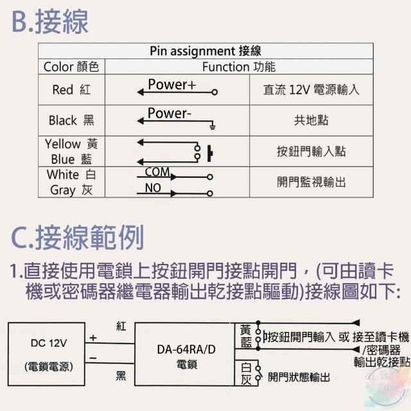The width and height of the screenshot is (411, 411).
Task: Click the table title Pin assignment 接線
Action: click(x=205, y=51)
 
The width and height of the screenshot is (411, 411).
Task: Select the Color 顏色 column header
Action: click(x=71, y=67)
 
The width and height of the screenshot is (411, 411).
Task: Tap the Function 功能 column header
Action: click(x=238, y=67)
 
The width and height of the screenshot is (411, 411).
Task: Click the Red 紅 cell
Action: click(x=71, y=90)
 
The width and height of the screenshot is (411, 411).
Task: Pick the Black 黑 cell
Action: click(x=71, y=120)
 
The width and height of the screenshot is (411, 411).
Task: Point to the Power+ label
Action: click(x=171, y=84)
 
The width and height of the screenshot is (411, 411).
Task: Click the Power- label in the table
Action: click(x=169, y=114)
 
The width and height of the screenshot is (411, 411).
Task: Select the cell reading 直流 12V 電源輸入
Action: click(x=311, y=90)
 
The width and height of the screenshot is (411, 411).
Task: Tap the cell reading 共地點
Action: click(x=311, y=120)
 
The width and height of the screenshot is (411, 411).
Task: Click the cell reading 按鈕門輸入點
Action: click(x=311, y=151)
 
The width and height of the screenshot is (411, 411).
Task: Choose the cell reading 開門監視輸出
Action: click(x=311, y=182)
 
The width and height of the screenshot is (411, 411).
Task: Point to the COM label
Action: click(x=157, y=171)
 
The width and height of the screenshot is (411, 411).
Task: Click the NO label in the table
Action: click(x=153, y=188)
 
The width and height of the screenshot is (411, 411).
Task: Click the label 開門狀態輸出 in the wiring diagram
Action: click(x=299, y=377)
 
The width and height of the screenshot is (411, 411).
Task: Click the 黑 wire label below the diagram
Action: click(x=121, y=376)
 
